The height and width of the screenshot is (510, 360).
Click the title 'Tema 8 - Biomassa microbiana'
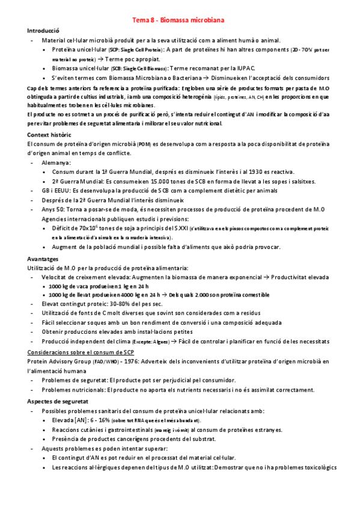[178, 20]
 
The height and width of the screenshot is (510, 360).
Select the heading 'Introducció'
[43, 30]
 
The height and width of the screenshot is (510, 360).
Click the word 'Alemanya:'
[56, 162]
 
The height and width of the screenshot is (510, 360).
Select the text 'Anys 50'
[53, 209]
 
